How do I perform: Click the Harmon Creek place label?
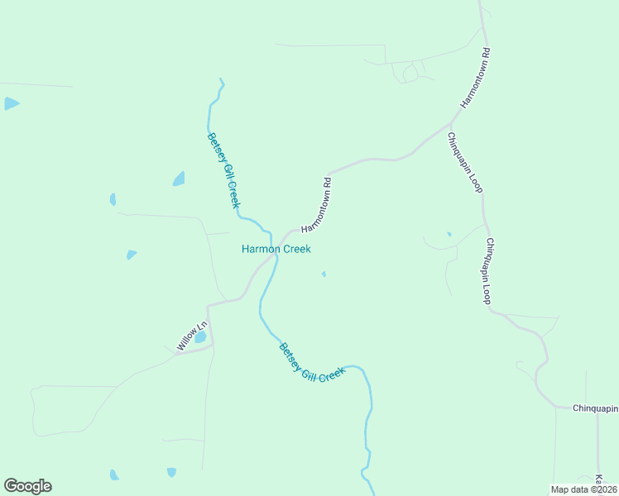click(276, 249)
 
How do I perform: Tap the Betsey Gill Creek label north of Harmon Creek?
click(223, 170)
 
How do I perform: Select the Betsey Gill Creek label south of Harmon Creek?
click(311, 362)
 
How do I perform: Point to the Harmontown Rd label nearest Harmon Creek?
click(317, 205)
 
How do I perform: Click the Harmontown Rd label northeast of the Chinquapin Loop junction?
click(476, 79)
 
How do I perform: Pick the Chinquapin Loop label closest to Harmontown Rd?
click(464, 162)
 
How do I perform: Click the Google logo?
click(27, 486)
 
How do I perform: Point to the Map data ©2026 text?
click(583, 489)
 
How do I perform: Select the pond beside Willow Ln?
click(199, 337)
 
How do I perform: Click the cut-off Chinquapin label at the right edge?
click(596, 408)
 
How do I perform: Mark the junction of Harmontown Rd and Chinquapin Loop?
click(451, 126)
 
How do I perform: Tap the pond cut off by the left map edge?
click(10, 103)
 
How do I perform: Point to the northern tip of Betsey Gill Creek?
click(220, 80)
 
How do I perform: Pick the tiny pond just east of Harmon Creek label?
click(324, 274)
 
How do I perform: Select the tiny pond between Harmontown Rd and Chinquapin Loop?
click(449, 234)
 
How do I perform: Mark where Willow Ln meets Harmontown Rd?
click(209, 306)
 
